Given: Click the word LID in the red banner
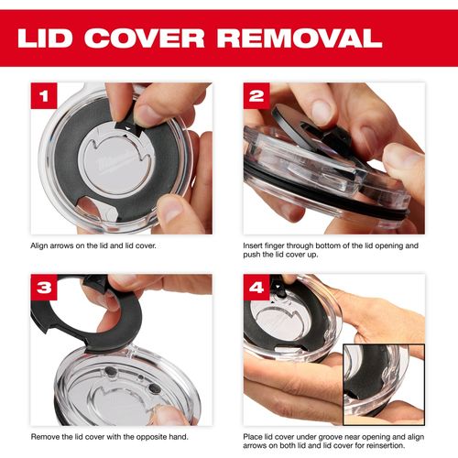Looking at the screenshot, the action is [45, 38].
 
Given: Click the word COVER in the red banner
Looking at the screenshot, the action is [145, 38].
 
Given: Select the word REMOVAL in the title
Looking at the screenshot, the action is [300, 38].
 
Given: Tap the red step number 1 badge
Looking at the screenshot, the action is [44, 95].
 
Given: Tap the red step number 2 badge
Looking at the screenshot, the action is [256, 95].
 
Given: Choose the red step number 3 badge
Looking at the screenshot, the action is [44, 287].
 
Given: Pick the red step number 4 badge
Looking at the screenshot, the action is [256, 287].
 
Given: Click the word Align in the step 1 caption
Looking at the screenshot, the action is [38, 245].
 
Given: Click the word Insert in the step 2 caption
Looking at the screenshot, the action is [253, 245].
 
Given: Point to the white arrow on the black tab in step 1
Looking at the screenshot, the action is [127, 129].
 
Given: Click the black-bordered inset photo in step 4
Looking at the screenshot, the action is [384, 385].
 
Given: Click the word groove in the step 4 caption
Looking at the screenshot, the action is [326, 437].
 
